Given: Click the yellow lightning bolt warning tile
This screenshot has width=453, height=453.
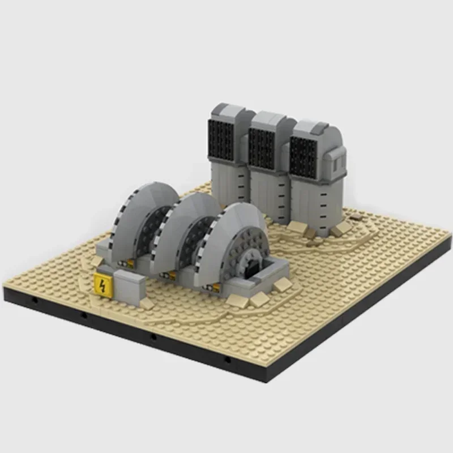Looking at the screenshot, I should pos(101,284).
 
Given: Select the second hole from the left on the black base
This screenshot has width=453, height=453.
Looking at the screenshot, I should pos(83,316).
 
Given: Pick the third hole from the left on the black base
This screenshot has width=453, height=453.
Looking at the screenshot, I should pos(153,337).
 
